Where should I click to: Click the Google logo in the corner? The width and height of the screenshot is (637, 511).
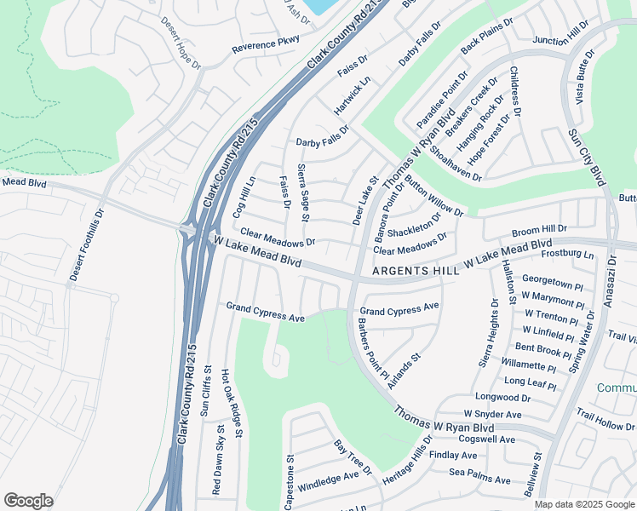tap(28, 500)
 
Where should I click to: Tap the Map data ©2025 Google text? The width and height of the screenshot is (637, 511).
tap(584, 504)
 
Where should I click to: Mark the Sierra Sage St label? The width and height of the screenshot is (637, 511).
tap(302, 194)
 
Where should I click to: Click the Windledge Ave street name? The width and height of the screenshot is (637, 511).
tap(328, 480)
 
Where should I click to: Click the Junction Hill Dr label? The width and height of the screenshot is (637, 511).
tap(560, 35)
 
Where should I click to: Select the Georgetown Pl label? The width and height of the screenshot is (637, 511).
tap(552, 279)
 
